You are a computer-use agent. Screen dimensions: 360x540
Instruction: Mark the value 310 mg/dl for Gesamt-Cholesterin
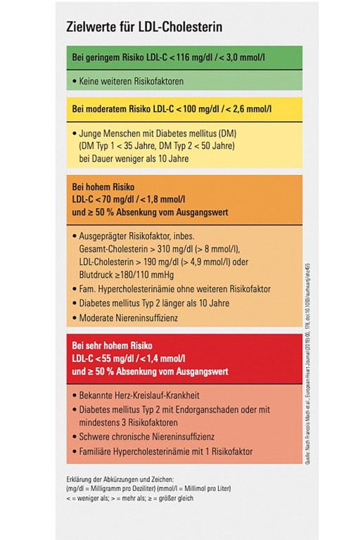tap(172, 250)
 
